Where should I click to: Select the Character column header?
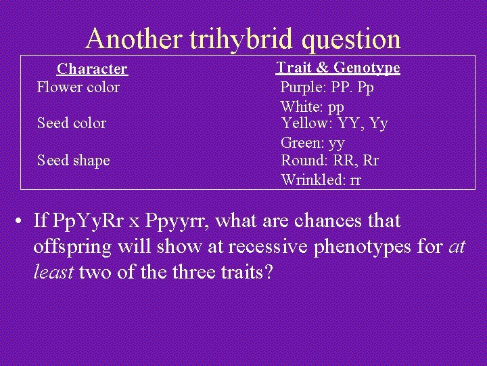click(x=92, y=68)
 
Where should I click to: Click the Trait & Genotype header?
click(x=338, y=67)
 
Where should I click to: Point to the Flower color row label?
click(x=78, y=87)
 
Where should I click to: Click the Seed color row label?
click(x=72, y=123)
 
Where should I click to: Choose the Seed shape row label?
click(x=73, y=160)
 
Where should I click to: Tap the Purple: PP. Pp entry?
click(x=327, y=87)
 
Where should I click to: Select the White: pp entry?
click(x=312, y=107)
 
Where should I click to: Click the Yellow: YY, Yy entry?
click(x=334, y=123)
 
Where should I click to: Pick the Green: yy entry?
click(x=312, y=143)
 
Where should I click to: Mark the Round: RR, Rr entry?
click(x=329, y=160)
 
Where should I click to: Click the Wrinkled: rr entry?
click(x=321, y=180)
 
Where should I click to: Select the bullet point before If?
click(x=22, y=221)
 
